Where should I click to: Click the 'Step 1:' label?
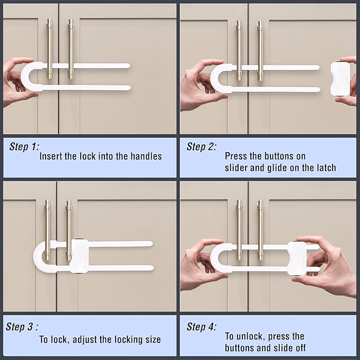point(24,147)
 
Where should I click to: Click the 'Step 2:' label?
point(201,147)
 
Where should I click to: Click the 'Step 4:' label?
point(201,327)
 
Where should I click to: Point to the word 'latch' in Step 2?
point(325,168)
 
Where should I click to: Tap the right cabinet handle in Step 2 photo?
point(260,50)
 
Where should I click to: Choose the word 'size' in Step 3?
point(151,339)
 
